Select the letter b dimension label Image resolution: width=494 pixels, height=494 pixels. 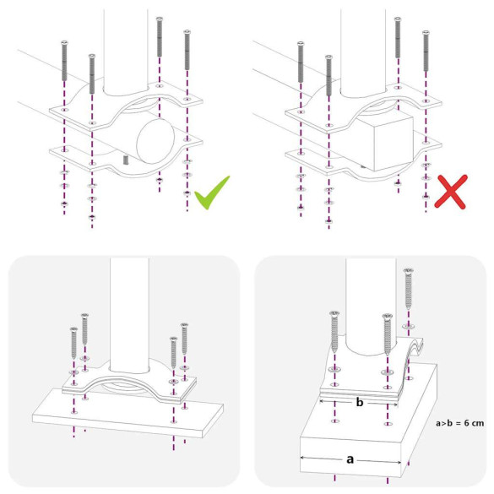pos(359,403)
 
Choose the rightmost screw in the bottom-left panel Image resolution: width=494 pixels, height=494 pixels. pos(184,338)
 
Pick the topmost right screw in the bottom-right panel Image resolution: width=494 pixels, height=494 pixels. pos(409,287)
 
